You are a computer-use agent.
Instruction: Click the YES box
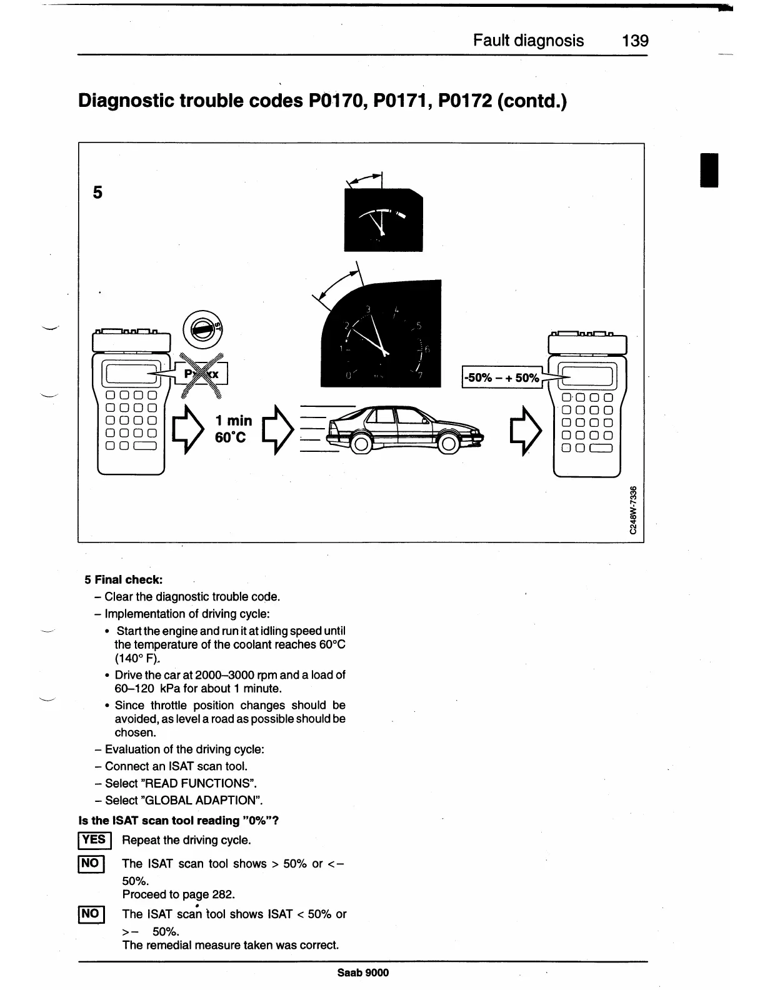click(x=94, y=841)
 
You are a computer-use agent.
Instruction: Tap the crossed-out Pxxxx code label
click(x=203, y=375)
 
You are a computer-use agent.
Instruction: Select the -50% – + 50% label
click(x=501, y=377)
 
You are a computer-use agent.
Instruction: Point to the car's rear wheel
click(x=360, y=444)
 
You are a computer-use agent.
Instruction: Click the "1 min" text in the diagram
click(x=233, y=421)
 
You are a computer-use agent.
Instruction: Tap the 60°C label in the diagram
click(x=231, y=437)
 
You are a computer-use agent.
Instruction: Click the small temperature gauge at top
click(x=383, y=220)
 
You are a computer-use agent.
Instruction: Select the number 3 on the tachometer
click(x=368, y=309)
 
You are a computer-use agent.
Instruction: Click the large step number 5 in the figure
click(x=97, y=192)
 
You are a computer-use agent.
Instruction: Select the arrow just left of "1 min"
click(x=187, y=429)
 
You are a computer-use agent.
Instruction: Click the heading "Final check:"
click(x=128, y=580)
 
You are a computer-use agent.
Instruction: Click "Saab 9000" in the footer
click(x=363, y=972)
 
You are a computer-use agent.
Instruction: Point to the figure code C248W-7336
click(x=633, y=510)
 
